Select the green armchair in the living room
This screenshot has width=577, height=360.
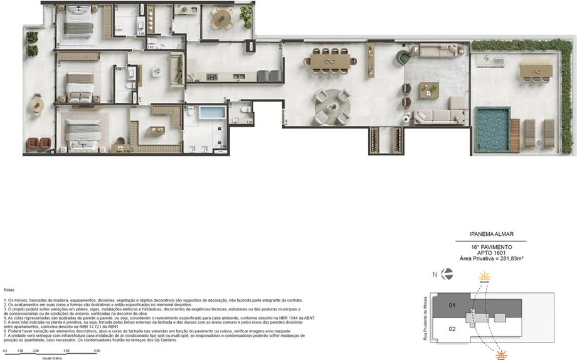403,59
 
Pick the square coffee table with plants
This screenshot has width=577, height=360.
430,90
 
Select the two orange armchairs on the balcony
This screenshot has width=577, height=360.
39,144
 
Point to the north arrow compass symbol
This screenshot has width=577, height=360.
447,273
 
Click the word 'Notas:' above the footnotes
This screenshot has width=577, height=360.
9,290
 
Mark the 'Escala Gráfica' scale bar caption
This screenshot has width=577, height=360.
51,357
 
